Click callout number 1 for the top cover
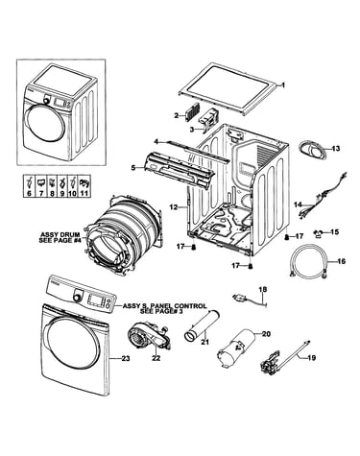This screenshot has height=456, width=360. (x=282, y=85)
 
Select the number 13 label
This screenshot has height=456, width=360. (x=335, y=149)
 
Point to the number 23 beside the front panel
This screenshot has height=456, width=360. (x=126, y=359)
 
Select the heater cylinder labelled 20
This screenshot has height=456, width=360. (x=237, y=350)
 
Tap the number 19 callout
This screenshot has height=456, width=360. (x=312, y=357)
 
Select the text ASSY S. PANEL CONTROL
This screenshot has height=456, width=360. (x=165, y=306)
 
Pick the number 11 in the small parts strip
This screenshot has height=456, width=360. (x=84, y=194)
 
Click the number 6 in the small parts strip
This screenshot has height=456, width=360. (x=30, y=194)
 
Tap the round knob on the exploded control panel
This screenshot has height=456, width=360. (x=77, y=298)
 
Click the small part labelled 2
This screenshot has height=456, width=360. (x=192, y=112)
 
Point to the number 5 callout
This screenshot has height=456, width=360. (x=133, y=167)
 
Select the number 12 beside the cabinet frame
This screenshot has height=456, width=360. (x=174, y=207)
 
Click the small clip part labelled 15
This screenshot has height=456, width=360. (x=318, y=233)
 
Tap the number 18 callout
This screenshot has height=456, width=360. (x=262, y=290)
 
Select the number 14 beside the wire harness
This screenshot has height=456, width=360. (x=298, y=204)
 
